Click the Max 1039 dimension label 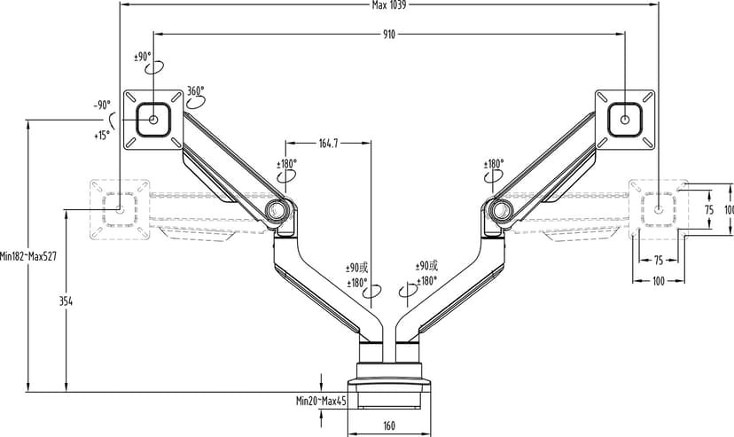click(389, 5)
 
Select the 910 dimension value click(389, 35)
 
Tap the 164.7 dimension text click(328, 144)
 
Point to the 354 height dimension click(66, 301)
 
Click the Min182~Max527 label click(28, 256)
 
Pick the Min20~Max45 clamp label click(321, 401)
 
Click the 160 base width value click(389, 425)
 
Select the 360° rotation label click(196, 90)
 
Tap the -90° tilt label click(102, 105)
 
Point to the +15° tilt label click(102, 136)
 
